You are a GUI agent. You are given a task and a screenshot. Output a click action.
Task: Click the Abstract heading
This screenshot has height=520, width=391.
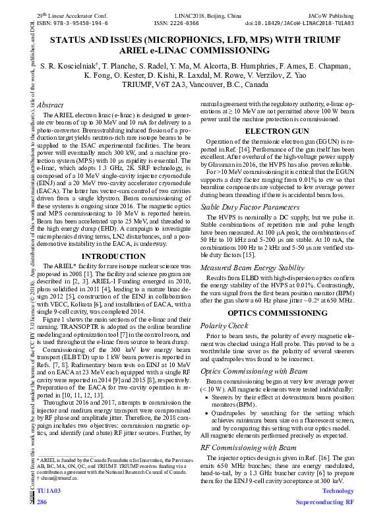tap(50, 105)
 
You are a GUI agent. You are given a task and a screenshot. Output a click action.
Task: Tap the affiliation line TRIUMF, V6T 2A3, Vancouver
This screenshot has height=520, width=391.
tap(196, 85)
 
